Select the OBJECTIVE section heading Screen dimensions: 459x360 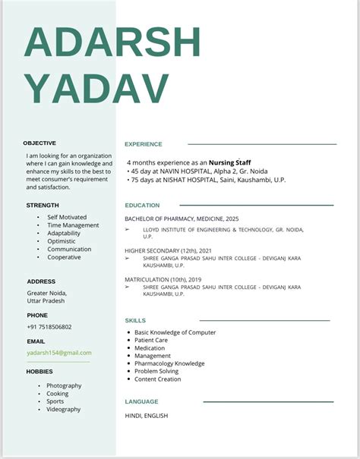click(39, 143)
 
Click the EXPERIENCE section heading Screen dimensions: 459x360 click(144, 144)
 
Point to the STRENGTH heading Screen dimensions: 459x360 click(43, 206)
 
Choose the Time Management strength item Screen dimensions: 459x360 click(73, 225)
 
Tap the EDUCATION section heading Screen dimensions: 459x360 click(142, 206)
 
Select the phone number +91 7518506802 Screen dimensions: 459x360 click(49, 327)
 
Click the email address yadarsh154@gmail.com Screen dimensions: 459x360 click(59, 353)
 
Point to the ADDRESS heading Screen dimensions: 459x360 click(41, 281)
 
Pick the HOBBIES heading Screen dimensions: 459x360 click(40, 372)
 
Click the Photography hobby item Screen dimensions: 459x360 click(64, 385)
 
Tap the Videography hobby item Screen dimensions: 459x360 click(63, 410)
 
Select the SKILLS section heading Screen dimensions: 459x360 click(135, 321)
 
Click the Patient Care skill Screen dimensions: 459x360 click(151, 340)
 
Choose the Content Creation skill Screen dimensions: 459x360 click(158, 379)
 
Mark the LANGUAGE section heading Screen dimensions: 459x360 click(141, 402)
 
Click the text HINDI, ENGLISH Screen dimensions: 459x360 click(147, 416)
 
